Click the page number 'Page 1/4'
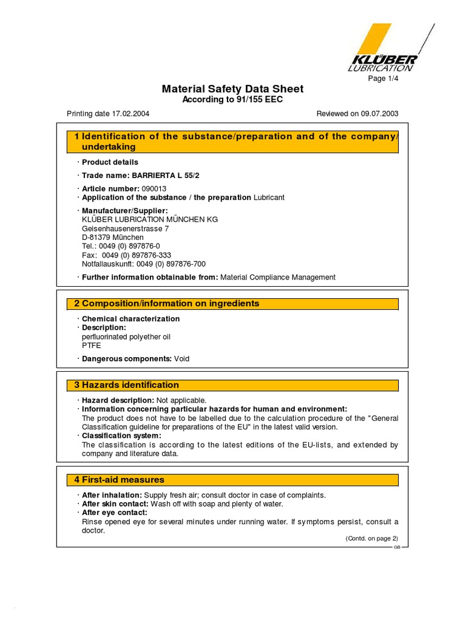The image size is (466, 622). coord(383,78)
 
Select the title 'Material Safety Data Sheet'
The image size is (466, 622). coord(232,89)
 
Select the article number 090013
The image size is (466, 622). coord(154,189)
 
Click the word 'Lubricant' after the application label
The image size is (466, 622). coord(269,197)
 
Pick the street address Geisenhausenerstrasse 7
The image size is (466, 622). coord(126,228)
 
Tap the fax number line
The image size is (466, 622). coord(126,255)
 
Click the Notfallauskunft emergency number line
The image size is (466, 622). coord(144,264)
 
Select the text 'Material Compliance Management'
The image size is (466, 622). coord(277,277)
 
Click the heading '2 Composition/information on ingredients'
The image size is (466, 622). coord(167,304)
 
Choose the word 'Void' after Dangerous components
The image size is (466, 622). coord(181,359)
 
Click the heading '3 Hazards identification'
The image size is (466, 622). coord(127,385)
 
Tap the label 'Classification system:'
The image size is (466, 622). coord(121,436)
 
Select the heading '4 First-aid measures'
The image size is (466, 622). coord(120,480)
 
